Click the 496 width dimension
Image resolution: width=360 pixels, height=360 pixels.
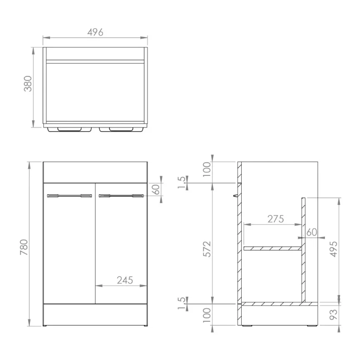(x=95, y=32)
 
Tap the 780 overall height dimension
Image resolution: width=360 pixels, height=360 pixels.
(x=24, y=247)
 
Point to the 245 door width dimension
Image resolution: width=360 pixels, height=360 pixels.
(x=125, y=280)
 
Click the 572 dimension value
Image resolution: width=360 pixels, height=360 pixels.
(x=207, y=249)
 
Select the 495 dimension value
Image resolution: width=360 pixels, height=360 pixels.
(x=333, y=249)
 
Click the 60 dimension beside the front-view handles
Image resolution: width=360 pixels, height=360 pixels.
(x=156, y=190)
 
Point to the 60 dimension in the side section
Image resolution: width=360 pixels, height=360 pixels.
(x=311, y=232)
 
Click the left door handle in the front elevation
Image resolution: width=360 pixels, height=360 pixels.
(x=70, y=195)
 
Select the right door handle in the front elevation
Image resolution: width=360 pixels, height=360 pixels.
(x=121, y=195)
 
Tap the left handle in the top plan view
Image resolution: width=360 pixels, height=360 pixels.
(x=70, y=129)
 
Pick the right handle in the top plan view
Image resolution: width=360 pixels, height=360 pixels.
(x=122, y=129)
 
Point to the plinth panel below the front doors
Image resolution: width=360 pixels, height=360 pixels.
(x=95, y=314)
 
